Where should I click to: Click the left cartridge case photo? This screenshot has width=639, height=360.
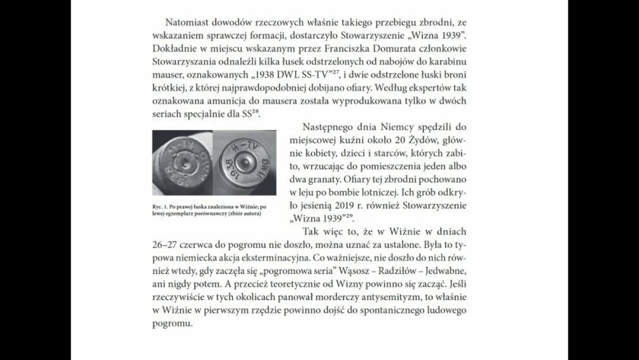pos(186,166)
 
